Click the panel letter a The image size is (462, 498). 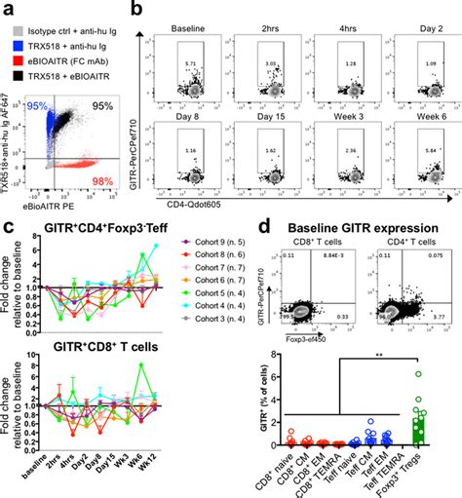7,9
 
